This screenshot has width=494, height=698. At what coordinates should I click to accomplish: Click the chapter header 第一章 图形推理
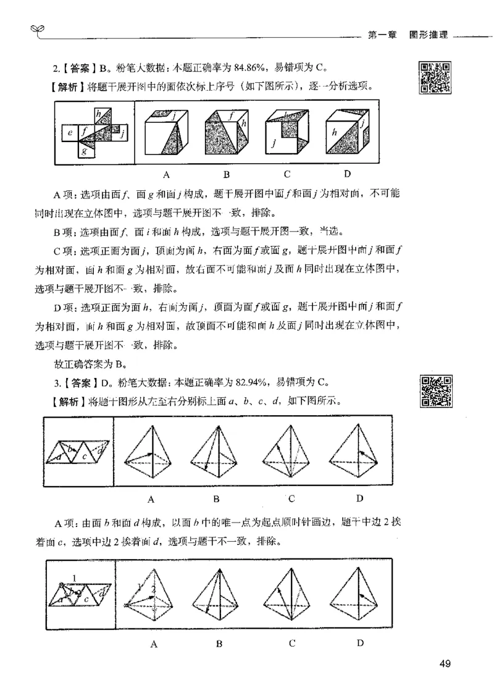(407, 35)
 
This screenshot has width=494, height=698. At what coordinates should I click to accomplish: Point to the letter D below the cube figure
(347, 174)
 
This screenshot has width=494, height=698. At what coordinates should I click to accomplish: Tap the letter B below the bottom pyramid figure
(219, 644)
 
